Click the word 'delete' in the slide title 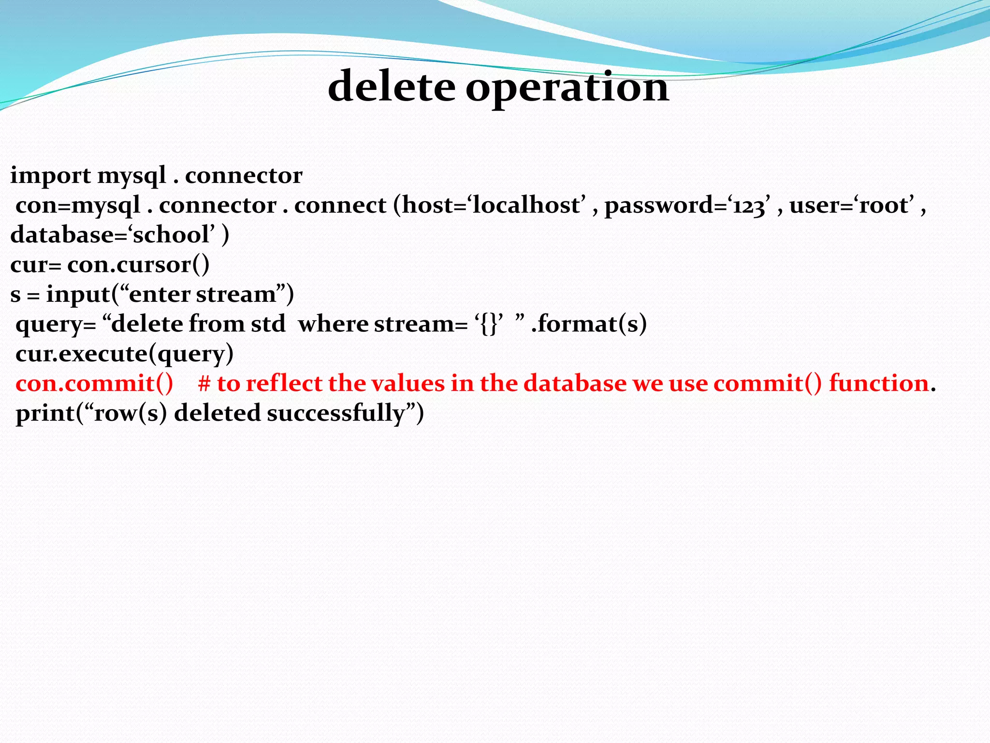point(392,87)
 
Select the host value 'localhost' point(526,205)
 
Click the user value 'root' point(887,205)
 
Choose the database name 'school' point(171,235)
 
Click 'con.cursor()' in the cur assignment point(138,265)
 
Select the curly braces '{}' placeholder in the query point(489,324)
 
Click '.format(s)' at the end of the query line point(589,324)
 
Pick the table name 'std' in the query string point(268,324)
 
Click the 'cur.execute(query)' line point(125,354)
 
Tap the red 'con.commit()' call point(94,384)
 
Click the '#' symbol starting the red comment point(204,384)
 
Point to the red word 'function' point(879,384)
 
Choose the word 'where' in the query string point(333,324)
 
